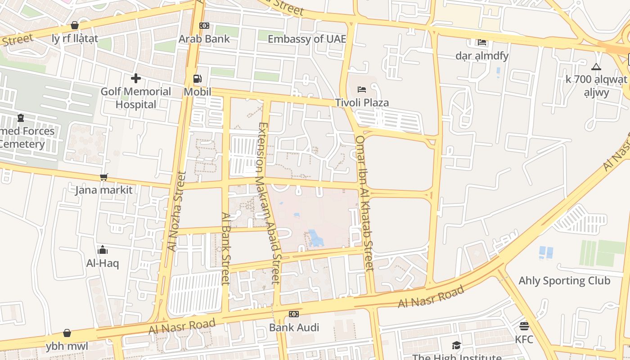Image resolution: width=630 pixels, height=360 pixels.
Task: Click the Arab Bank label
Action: point(204,39)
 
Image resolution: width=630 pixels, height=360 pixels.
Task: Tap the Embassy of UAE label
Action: point(307,39)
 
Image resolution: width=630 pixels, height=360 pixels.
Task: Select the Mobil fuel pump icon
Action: point(197,79)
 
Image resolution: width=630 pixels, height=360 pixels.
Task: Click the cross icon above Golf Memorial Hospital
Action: point(135,78)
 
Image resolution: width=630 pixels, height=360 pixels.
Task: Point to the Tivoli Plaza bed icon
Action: point(361,89)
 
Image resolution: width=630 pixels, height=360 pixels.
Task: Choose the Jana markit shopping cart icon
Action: point(104,177)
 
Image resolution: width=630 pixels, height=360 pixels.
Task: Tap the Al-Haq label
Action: point(103,263)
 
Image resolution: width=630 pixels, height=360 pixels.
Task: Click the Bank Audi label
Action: point(294,327)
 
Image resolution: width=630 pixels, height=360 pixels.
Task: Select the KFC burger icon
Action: point(524,326)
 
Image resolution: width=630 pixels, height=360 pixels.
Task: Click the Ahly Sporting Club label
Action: point(564,281)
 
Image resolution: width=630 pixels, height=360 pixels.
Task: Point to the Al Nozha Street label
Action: point(176,211)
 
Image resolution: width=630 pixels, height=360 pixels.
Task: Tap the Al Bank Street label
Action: point(226,248)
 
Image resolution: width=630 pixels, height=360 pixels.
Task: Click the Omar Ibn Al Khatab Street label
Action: point(364,203)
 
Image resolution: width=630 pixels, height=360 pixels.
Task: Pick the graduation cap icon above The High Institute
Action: point(457,345)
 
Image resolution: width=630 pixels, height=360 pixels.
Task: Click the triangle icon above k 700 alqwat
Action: point(596,67)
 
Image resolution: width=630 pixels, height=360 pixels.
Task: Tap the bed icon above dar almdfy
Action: point(482,42)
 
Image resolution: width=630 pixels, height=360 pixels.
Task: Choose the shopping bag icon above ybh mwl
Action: point(67,333)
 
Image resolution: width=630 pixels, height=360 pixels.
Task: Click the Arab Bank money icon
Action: point(204,26)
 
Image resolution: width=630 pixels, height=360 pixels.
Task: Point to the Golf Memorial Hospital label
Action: point(135,98)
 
